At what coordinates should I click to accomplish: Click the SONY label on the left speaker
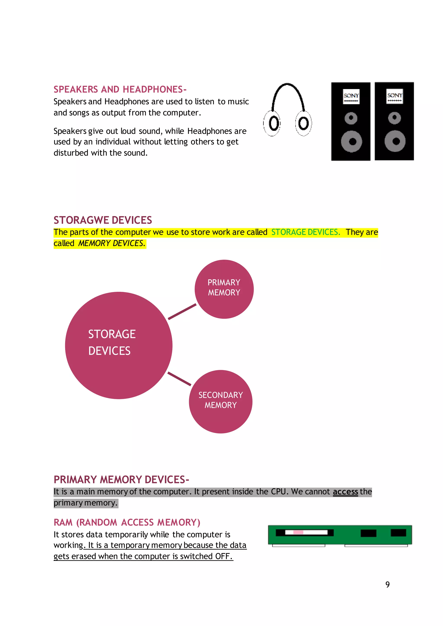pyautogui.click(x=351, y=96)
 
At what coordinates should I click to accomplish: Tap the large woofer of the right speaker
pyautogui.click(x=395, y=141)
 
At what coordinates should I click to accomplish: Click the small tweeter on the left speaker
pyautogui.click(x=351, y=118)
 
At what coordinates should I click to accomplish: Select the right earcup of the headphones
pyautogui.click(x=303, y=123)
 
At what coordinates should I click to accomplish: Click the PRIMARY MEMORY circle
pyautogui.click(x=224, y=289)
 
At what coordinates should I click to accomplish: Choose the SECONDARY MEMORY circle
pyautogui.click(x=220, y=401)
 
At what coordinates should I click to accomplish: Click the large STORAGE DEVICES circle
pyautogui.click(x=119, y=345)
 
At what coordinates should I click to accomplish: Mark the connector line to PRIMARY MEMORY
pyautogui.click(x=182, y=311)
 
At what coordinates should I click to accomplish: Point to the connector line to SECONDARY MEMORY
pyautogui.click(x=179, y=379)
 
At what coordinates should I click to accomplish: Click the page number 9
pyautogui.click(x=387, y=584)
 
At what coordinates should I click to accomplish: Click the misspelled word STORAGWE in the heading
pyautogui.click(x=81, y=220)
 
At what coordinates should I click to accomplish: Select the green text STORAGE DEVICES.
pyautogui.click(x=305, y=232)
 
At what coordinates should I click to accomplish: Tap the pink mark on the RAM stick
pyautogui.click(x=298, y=532)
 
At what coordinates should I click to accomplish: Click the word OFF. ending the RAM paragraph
pyautogui.click(x=224, y=556)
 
